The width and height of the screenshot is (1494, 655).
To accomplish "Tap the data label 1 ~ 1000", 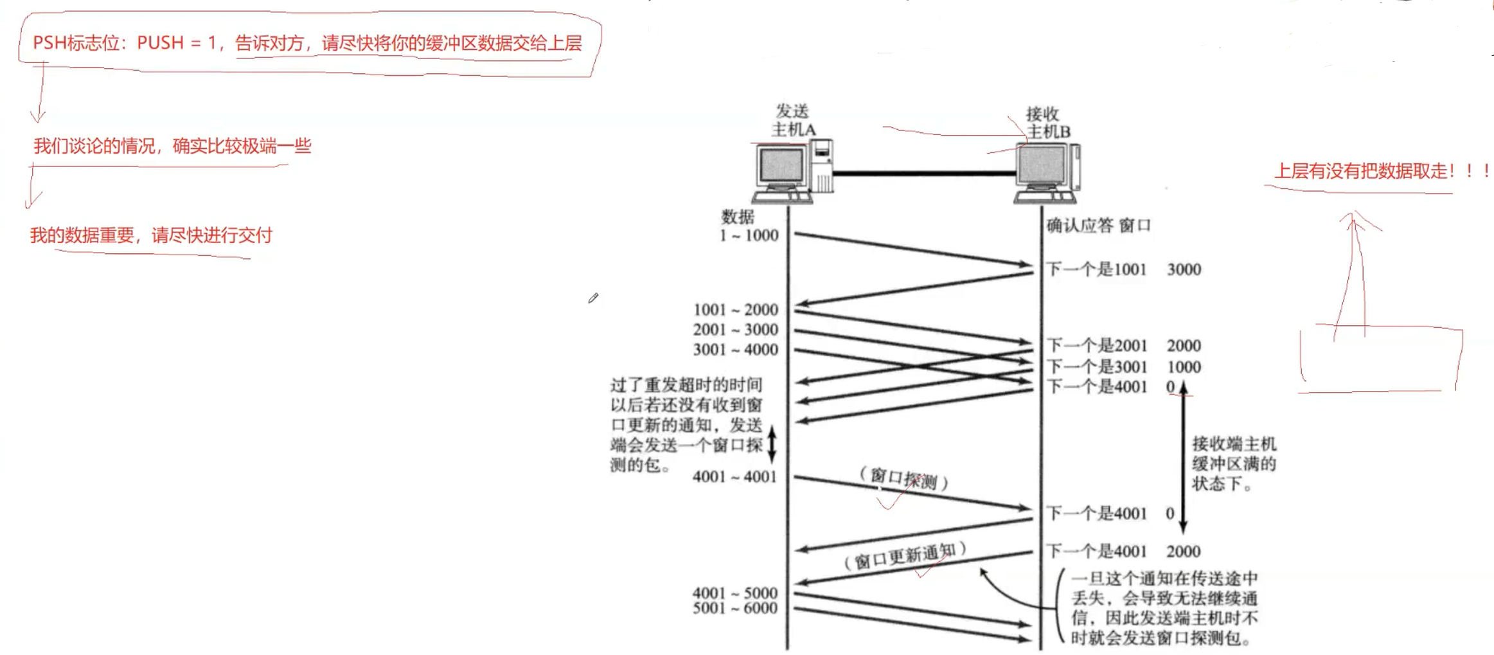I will point(749,236).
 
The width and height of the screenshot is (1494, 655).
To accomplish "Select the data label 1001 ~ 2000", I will point(735,310).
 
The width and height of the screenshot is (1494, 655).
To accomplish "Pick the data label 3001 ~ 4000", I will point(735,350).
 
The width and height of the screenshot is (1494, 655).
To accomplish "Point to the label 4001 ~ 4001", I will point(734,477).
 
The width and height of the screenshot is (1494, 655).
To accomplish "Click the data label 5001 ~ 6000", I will point(734,608).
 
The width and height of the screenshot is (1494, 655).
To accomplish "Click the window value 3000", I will point(1184,269).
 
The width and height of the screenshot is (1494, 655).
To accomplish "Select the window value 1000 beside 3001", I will point(1184,367).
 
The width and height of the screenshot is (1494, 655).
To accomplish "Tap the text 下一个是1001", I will point(1096,269).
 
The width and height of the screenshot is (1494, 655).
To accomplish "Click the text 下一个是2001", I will point(1096,346).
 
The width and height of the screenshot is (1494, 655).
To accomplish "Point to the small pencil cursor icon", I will point(593,298).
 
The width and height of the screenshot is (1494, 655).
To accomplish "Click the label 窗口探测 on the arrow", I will point(903,479).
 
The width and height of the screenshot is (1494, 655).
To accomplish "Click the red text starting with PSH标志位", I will point(307,43).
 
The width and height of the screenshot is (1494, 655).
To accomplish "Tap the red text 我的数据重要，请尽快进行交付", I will point(151,235).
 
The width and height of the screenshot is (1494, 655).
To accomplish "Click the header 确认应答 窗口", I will point(1098,226).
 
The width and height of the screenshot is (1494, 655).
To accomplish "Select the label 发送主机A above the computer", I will point(793,120).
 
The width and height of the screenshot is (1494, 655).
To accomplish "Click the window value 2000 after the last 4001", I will point(1183,552).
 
